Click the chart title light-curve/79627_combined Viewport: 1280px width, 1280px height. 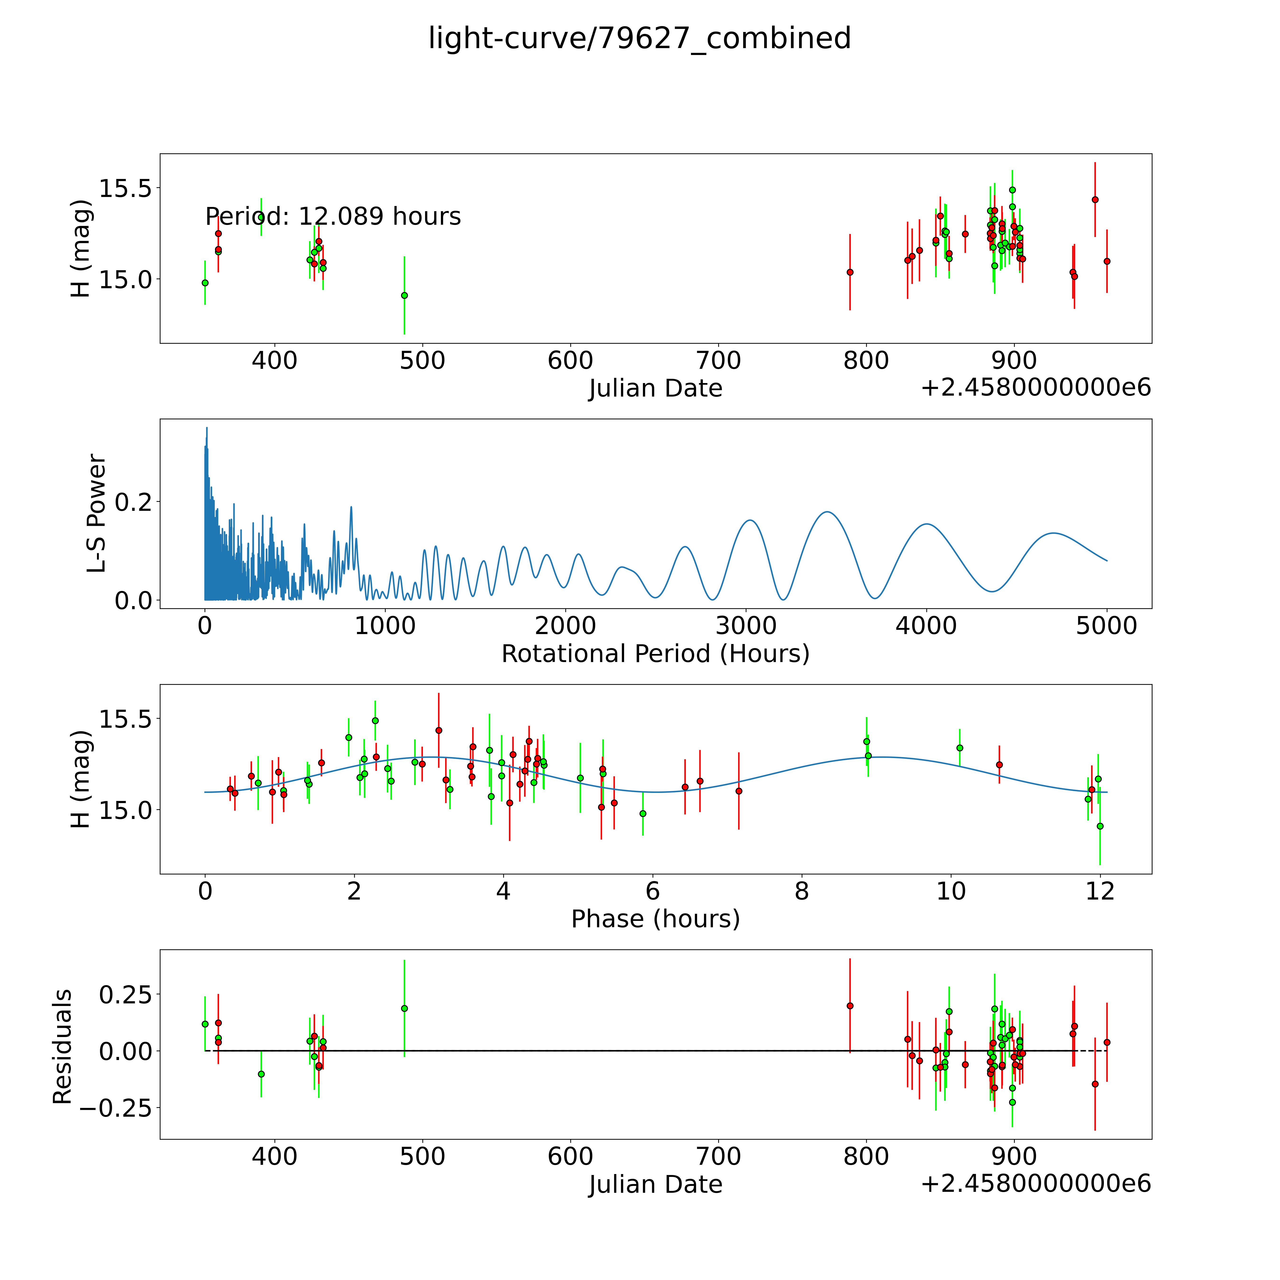[x=639, y=38]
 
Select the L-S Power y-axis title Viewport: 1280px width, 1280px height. [x=97, y=513]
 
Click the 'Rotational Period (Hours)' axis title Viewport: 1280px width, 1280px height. [x=655, y=654]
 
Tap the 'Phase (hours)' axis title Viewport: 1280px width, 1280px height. [x=655, y=919]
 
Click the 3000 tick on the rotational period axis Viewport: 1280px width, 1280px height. [x=746, y=626]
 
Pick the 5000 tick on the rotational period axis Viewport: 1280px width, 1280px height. [x=1106, y=626]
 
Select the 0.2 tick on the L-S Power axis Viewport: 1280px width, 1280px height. [x=133, y=502]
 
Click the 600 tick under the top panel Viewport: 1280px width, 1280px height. [x=571, y=361]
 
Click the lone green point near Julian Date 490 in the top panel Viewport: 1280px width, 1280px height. [x=404, y=296]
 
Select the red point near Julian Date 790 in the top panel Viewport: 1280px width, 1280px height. [x=850, y=272]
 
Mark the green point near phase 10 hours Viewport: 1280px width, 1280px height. [x=959, y=748]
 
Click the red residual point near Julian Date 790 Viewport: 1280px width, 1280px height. [x=850, y=1006]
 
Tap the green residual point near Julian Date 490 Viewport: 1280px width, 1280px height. [x=404, y=1008]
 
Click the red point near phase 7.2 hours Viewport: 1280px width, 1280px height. [x=739, y=791]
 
